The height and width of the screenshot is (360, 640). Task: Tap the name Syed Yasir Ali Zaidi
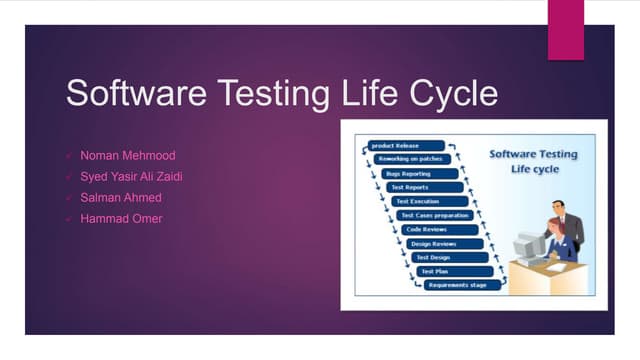138,177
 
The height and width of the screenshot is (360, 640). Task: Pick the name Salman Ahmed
120,197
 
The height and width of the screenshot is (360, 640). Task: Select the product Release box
399,145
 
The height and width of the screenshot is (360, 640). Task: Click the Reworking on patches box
409,159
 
